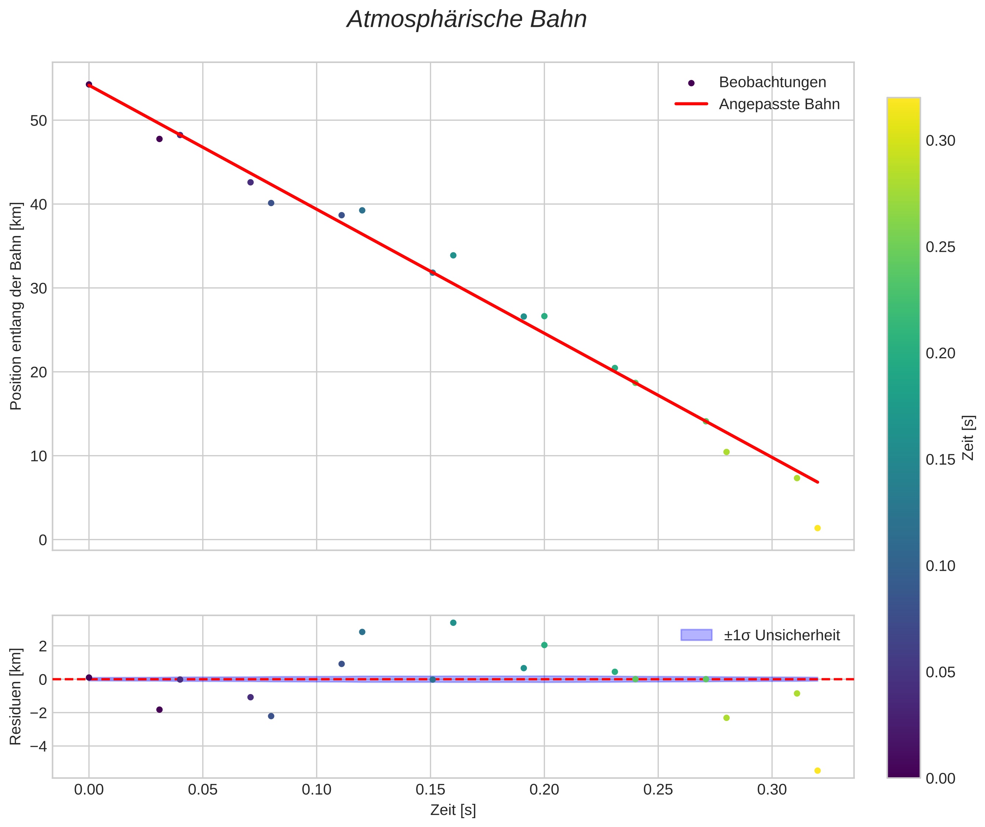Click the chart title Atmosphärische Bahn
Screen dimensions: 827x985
(467, 20)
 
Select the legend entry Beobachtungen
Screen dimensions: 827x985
(772, 82)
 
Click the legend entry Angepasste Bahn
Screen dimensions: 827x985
(779, 104)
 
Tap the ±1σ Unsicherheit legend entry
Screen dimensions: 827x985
(781, 635)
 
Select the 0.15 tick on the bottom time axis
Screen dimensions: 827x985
(430, 790)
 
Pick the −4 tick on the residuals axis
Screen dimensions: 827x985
(38, 746)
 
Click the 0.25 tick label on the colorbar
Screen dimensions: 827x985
(940, 247)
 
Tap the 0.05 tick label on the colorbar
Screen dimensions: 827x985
(940, 672)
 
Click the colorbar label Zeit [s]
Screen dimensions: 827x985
(968, 437)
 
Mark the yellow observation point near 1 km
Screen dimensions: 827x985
(817, 528)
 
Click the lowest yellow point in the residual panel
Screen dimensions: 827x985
(817, 771)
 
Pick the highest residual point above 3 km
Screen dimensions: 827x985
(453, 623)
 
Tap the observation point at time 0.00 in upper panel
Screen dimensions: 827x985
(89, 84)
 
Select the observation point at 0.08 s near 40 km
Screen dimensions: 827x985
(271, 203)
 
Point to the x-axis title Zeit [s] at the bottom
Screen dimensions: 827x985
(453, 810)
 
